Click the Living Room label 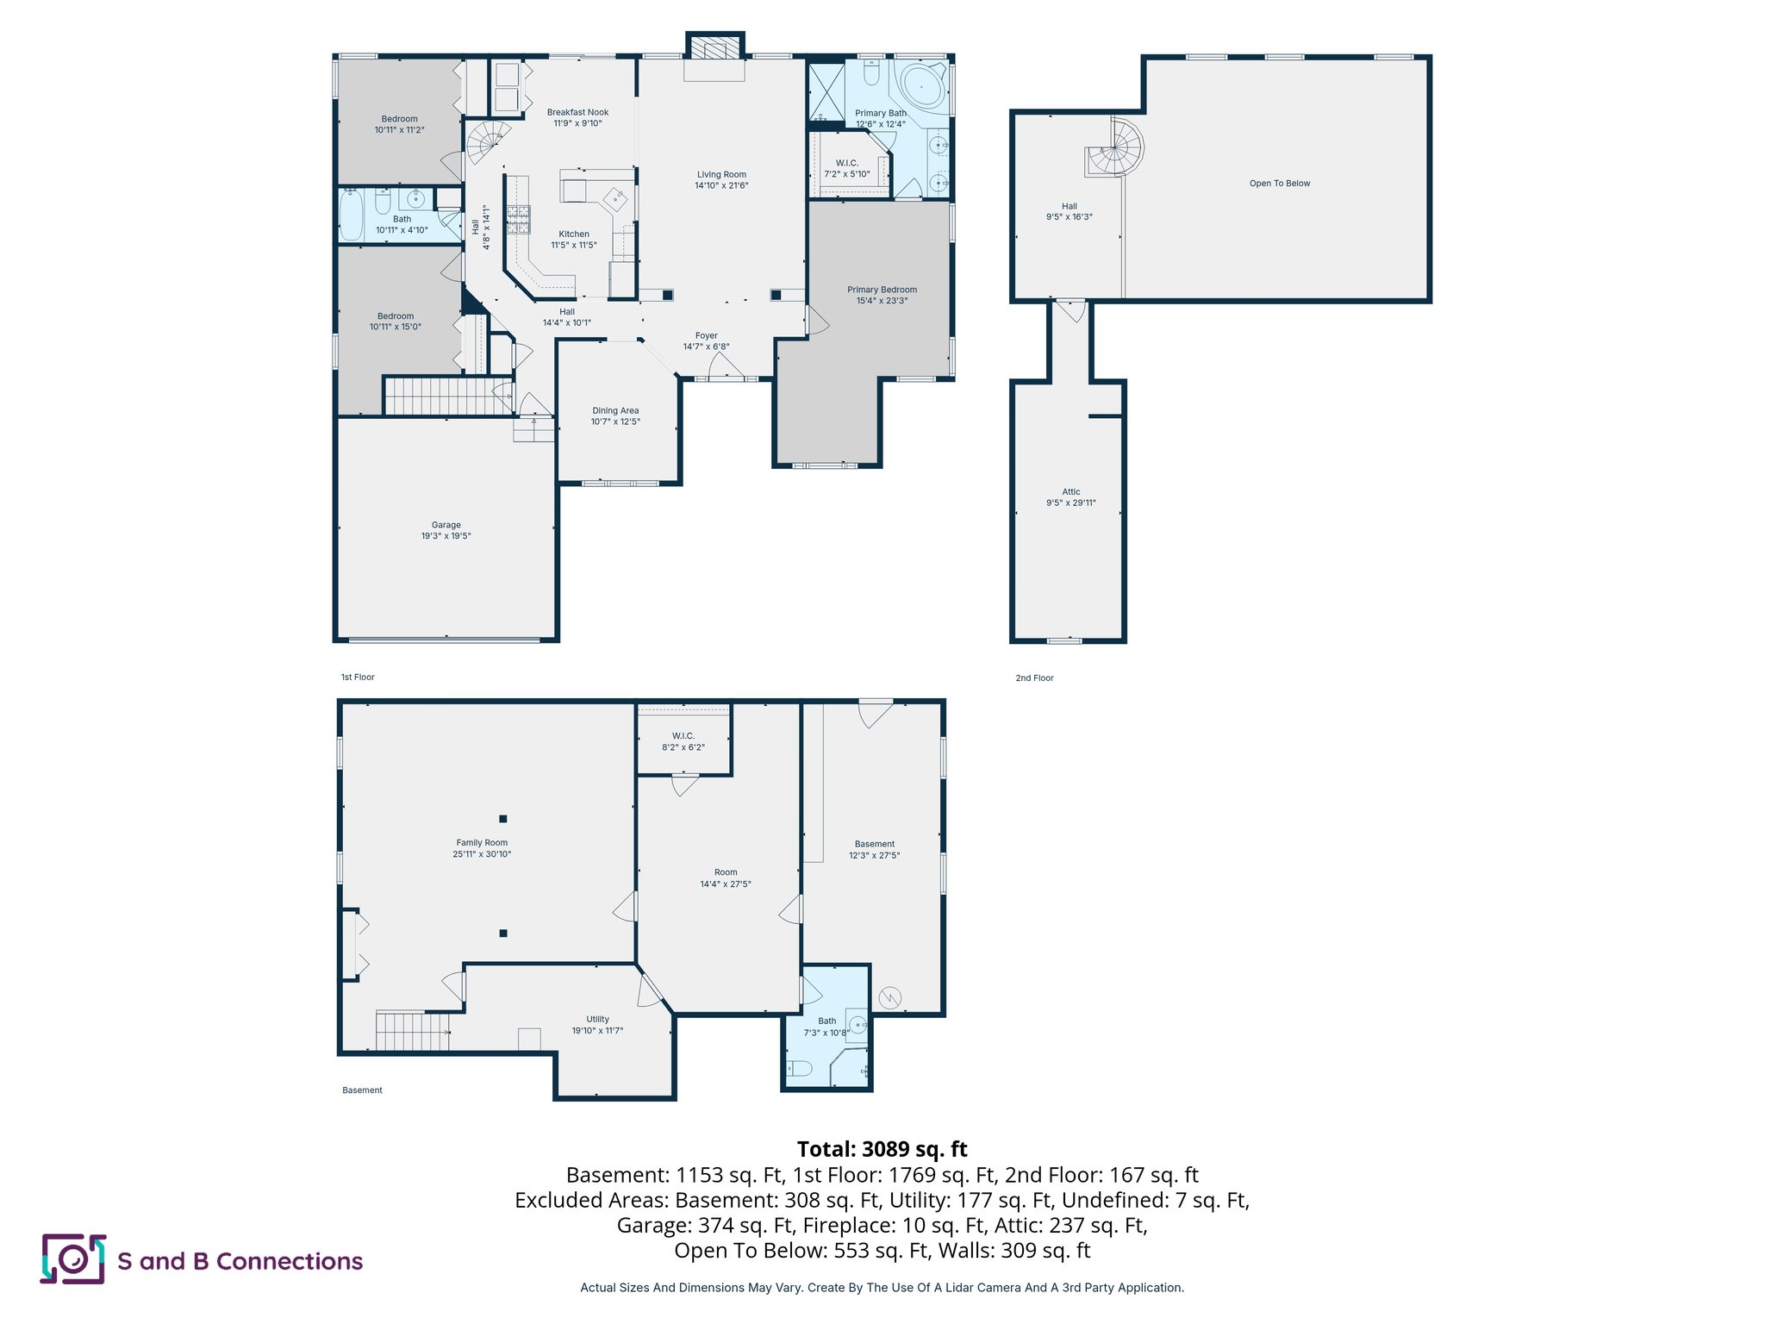(721, 175)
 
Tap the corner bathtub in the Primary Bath (921, 86)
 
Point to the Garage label (446, 525)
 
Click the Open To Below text (1279, 184)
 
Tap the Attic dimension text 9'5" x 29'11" (1070, 503)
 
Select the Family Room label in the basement (482, 843)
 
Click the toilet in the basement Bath (799, 1069)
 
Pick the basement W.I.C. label (683, 736)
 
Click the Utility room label (597, 1020)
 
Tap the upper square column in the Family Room (503, 819)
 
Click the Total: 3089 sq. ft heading (882, 1149)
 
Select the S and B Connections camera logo (73, 1259)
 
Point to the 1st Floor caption (358, 678)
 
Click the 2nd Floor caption (1034, 678)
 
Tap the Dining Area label (615, 411)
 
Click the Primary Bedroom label (882, 290)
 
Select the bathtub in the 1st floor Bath (351, 215)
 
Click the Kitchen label (574, 234)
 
